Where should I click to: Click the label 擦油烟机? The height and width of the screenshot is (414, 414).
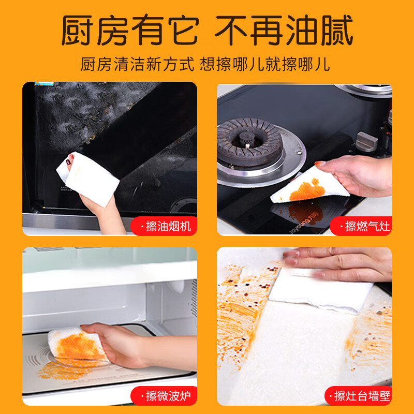(x=165, y=226)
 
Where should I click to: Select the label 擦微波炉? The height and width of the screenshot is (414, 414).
(x=164, y=396)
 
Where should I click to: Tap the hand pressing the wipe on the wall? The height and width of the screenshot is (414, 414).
(x=342, y=262)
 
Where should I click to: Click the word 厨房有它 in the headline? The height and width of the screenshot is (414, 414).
(x=129, y=31)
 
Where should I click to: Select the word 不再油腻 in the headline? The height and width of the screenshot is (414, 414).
(x=284, y=31)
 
